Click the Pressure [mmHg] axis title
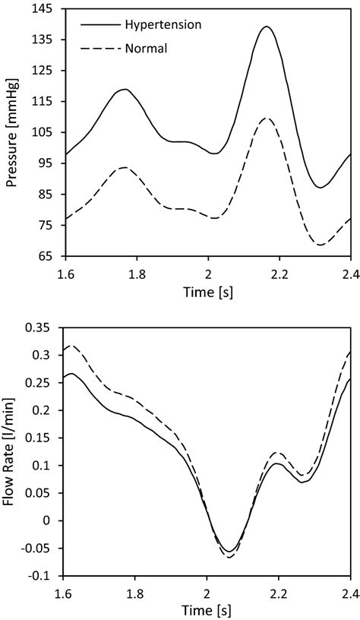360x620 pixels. coord(12,133)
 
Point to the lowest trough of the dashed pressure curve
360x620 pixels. coord(321,245)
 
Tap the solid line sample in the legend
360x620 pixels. coord(99,24)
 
